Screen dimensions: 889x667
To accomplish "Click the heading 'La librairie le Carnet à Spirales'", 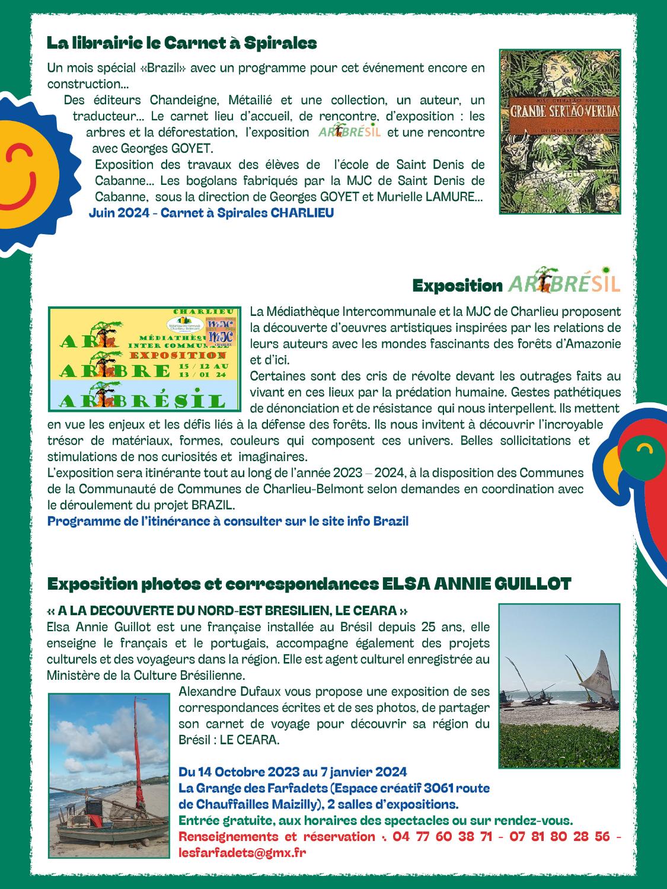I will point(181,43).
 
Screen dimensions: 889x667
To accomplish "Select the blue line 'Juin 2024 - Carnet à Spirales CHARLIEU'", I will point(211,213).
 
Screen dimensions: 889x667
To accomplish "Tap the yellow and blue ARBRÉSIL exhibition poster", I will point(145,359).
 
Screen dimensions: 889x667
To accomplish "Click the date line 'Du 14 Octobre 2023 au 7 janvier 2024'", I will point(292,772).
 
